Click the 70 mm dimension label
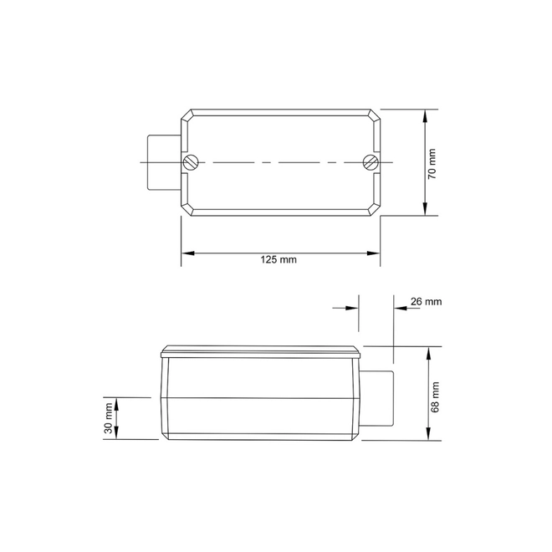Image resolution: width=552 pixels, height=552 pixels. [432, 164]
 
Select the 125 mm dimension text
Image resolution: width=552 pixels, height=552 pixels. [279, 260]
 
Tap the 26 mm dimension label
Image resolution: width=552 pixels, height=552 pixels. [426, 302]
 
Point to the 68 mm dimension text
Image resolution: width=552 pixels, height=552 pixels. [435, 397]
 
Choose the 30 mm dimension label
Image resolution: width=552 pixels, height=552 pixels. [109, 418]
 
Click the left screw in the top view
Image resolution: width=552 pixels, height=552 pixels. [191, 162]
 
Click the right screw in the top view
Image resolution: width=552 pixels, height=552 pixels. [371, 162]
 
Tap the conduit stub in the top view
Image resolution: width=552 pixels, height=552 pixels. [165, 162]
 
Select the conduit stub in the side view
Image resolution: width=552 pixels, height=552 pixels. [376, 398]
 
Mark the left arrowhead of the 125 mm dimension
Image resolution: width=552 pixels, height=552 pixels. [187, 253]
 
